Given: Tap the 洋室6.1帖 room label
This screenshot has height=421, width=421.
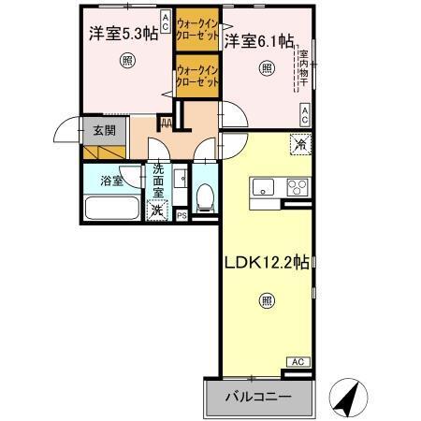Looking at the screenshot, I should [x=259, y=41].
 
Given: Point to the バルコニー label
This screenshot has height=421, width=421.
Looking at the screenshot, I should [x=256, y=397].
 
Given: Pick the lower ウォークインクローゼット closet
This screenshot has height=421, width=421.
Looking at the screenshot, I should [x=196, y=76].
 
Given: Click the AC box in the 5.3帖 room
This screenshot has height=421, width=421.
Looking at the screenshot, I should [x=165, y=21].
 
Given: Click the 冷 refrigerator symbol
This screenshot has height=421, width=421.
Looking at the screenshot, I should [x=299, y=145].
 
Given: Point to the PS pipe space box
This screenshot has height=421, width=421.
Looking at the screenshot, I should [x=181, y=215].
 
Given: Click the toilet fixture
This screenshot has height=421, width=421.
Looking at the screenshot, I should [x=205, y=194].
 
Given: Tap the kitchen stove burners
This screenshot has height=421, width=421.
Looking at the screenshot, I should [x=298, y=184].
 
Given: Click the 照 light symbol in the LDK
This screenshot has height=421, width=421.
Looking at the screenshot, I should [x=267, y=301].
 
